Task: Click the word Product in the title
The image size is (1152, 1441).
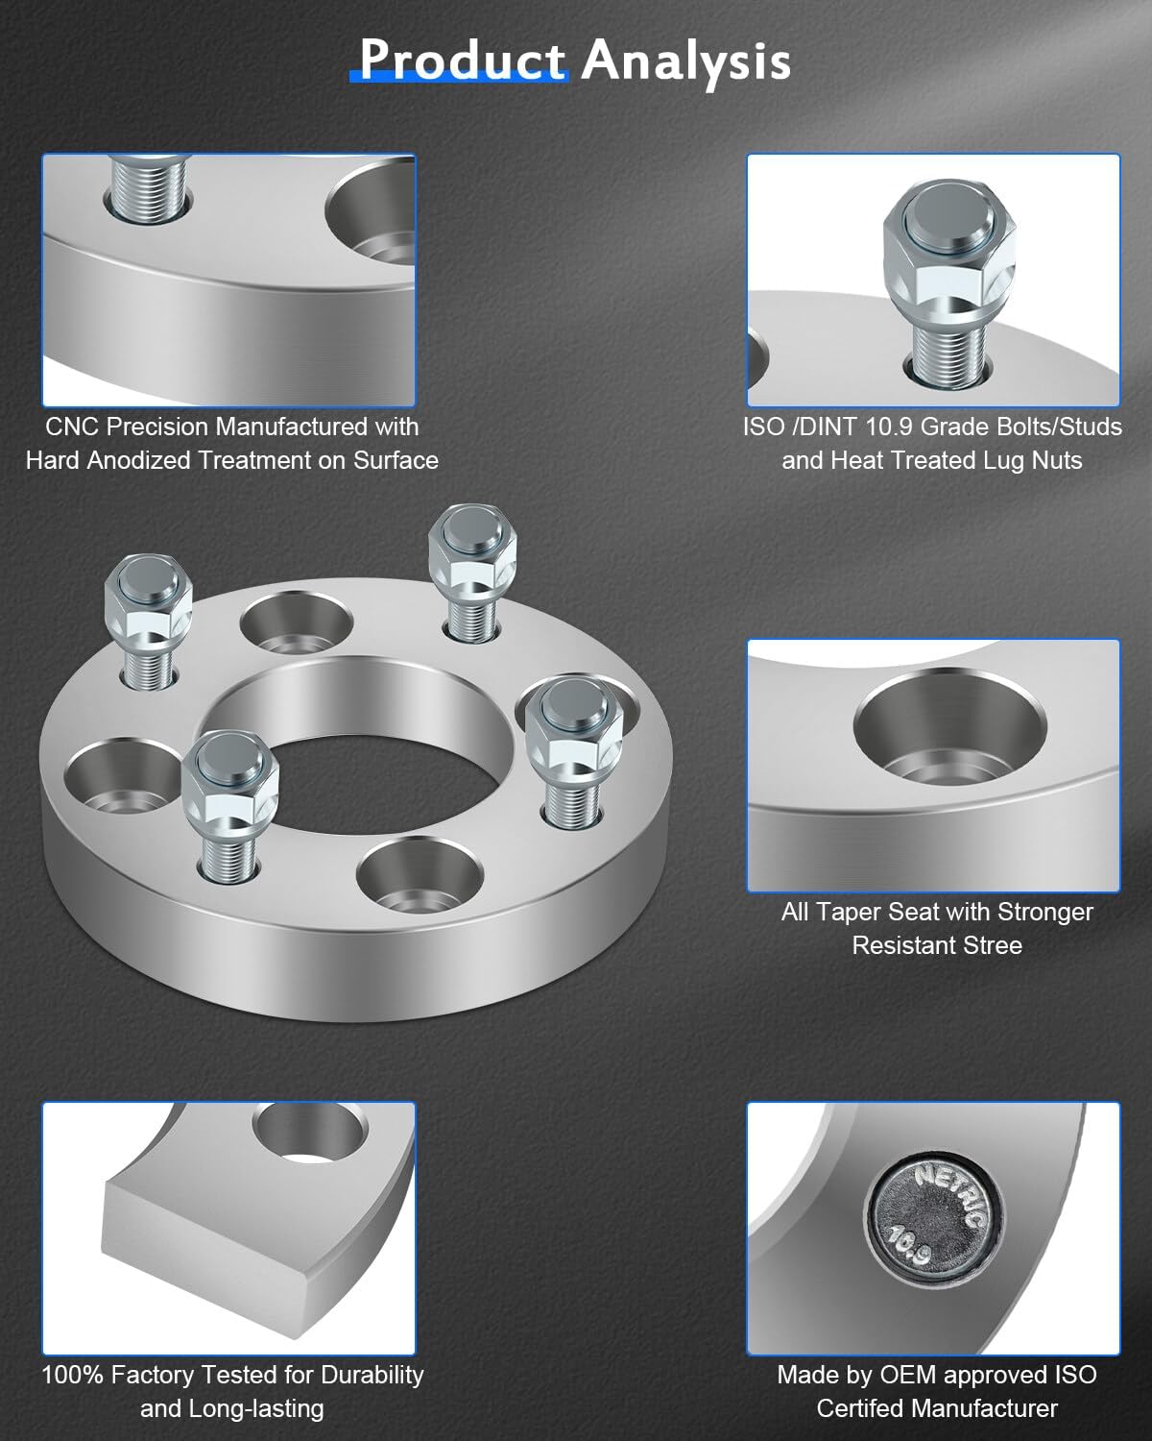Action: (462, 60)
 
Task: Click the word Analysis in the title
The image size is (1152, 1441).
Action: (685, 60)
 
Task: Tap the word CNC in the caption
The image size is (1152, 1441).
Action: (72, 426)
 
